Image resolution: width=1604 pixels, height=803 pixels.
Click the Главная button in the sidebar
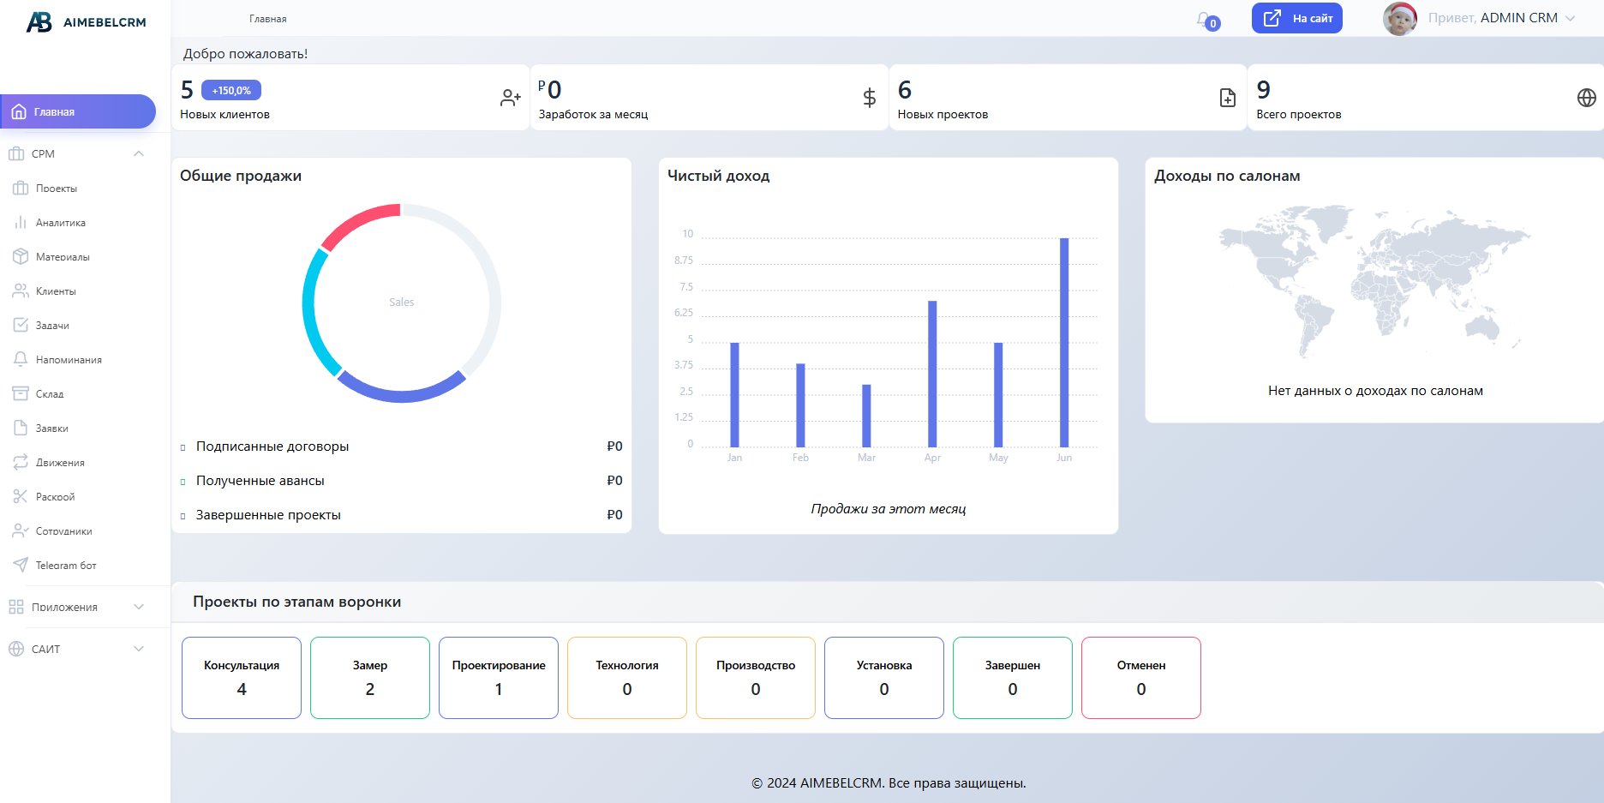[x=77, y=111]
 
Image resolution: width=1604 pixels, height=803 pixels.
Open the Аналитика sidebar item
[x=60, y=223]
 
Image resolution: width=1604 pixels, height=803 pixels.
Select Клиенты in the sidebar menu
[x=56, y=291]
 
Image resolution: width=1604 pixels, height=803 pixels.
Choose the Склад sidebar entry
[x=50, y=394]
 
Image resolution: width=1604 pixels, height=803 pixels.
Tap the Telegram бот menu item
[x=65, y=566]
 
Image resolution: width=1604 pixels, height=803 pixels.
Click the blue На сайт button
[x=1296, y=18]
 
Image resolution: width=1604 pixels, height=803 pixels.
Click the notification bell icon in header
[x=1205, y=20]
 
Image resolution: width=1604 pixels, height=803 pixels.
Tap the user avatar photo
[x=1399, y=19]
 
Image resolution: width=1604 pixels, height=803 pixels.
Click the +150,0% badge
[x=231, y=90]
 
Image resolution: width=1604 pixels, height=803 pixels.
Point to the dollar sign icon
[x=869, y=98]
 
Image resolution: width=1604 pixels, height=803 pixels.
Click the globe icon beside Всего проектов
[x=1586, y=98]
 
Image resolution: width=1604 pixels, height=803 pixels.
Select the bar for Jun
[x=1064, y=343]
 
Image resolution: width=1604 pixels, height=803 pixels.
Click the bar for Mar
[x=866, y=416]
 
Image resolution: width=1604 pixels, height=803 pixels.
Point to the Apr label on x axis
[x=932, y=458]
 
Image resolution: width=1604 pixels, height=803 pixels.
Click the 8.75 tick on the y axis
[x=684, y=261]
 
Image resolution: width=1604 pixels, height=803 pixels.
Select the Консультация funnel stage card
[x=242, y=677]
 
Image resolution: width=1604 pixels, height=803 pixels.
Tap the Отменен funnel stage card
[x=1140, y=677]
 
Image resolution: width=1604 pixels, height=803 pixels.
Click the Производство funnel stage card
[x=755, y=677]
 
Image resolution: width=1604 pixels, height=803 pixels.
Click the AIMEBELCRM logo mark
[x=39, y=22]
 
